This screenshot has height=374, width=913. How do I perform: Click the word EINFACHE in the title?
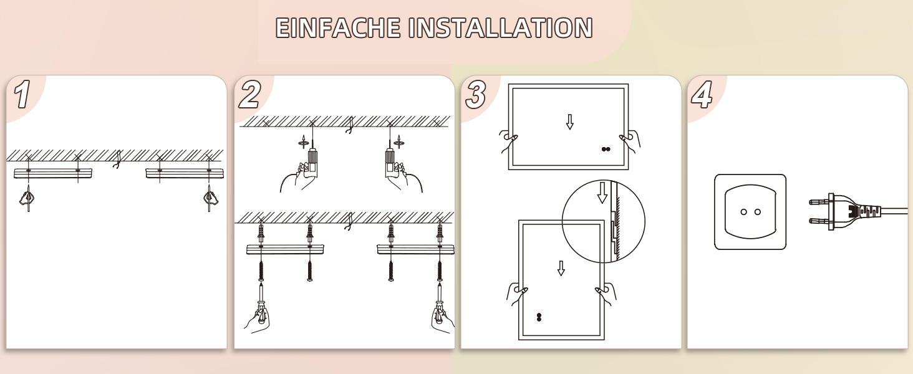pyautogui.click(x=338, y=27)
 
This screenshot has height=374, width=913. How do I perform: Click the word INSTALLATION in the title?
pyautogui.click(x=501, y=27)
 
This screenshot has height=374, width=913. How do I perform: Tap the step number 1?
pyautogui.click(x=22, y=94)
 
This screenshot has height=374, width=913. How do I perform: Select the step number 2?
pyautogui.click(x=250, y=94)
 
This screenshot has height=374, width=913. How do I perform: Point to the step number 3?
pyautogui.click(x=476, y=94)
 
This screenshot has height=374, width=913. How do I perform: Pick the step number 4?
pyautogui.click(x=702, y=94)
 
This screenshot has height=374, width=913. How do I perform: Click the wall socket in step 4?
pyautogui.click(x=750, y=212)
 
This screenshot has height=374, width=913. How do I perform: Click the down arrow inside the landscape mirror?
pyautogui.click(x=570, y=122)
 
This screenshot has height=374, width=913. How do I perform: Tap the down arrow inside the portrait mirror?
pyautogui.click(x=561, y=268)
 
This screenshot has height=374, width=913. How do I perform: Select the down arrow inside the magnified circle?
pyautogui.click(x=602, y=193)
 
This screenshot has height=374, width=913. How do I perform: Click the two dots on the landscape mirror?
pyautogui.click(x=606, y=149)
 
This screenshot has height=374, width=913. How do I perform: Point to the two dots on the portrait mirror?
pyautogui.click(x=539, y=317)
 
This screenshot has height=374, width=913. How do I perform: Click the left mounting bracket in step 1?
pyautogui.click(x=53, y=173)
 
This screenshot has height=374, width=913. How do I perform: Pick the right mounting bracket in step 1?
pyautogui.click(x=185, y=173)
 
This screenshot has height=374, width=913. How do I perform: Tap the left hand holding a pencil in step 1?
pyautogui.click(x=27, y=198)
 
